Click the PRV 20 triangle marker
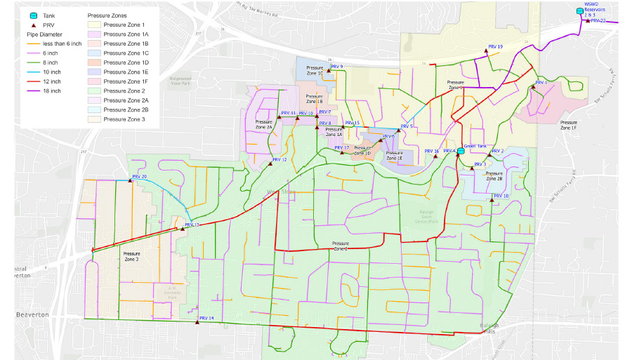(x=129, y=180)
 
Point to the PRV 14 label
(x=206, y=319)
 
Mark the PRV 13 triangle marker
(x=183, y=229)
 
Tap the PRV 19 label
(x=495, y=46)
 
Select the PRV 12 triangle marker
(x=270, y=164)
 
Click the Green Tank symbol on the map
(x=461, y=152)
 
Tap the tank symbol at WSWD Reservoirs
(x=579, y=11)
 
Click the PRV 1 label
(x=541, y=83)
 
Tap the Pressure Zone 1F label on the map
(x=568, y=126)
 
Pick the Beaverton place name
(x=32, y=315)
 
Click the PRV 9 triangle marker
(x=329, y=70)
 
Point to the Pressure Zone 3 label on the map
(x=131, y=256)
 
